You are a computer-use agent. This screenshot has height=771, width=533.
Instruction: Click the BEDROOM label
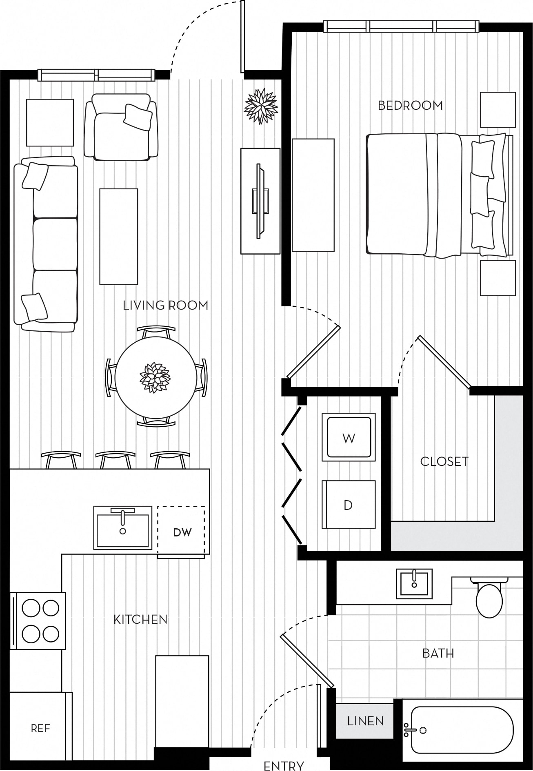410,106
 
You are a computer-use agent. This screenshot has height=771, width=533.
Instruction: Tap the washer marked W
349,437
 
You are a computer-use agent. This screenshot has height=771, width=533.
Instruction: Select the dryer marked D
348,505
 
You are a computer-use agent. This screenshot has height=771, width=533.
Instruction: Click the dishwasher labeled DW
182,532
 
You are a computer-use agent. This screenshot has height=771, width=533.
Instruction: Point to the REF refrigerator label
40,728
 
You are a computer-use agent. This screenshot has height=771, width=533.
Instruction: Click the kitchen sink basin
123,528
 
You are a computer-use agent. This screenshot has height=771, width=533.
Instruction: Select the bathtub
461,730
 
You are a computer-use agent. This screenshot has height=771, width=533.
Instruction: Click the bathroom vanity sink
414,584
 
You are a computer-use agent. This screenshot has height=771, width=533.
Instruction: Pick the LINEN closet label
365,721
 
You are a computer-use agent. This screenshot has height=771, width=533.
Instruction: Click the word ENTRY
284,766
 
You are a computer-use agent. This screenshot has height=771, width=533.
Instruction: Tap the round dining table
155,377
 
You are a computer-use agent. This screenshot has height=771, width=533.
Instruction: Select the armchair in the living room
121,127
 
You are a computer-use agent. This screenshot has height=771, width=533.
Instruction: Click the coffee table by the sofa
119,236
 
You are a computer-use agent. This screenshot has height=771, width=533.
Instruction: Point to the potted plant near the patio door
261,106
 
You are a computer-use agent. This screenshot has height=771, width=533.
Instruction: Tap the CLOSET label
444,461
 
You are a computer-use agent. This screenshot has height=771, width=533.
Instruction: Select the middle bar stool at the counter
115,459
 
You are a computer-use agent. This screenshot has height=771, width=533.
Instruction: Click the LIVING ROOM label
165,305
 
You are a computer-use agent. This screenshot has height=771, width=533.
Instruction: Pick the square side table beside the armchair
50,122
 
